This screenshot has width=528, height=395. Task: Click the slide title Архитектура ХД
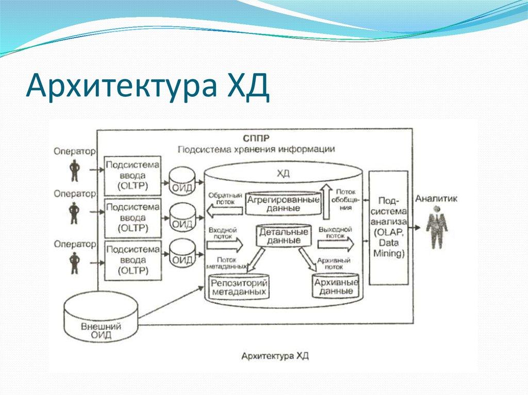[147, 86]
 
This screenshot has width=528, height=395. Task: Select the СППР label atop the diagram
[256, 138]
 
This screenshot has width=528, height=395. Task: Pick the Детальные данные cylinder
[284, 235]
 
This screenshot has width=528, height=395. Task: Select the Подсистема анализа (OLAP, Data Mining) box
[388, 227]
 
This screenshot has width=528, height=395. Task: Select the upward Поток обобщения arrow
[326, 200]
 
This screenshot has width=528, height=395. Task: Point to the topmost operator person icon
[75, 170]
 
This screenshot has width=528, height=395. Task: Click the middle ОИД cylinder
[182, 217]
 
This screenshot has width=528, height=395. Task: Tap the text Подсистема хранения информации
[256, 149]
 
